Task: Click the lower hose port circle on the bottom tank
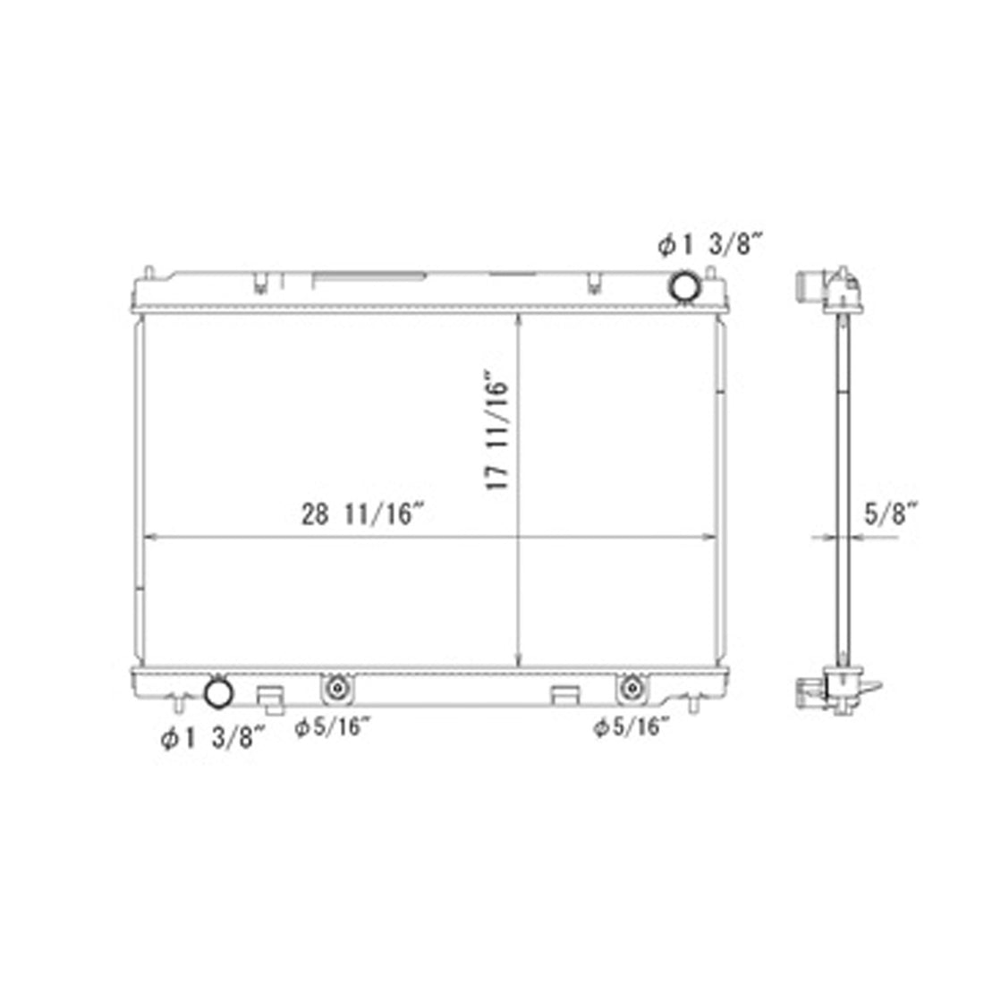(x=217, y=691)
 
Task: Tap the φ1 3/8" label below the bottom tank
(x=214, y=738)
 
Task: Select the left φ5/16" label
(x=333, y=727)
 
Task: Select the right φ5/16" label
(x=632, y=727)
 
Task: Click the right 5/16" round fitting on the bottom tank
(x=632, y=688)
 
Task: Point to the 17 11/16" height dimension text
(x=498, y=430)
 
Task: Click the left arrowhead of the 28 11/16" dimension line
(x=148, y=538)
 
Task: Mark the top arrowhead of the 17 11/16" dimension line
(x=518, y=318)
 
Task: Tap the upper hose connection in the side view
(x=809, y=287)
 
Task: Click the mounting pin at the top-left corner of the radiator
(x=148, y=271)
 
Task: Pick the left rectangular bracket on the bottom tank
(x=270, y=696)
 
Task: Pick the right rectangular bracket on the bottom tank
(x=564, y=695)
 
